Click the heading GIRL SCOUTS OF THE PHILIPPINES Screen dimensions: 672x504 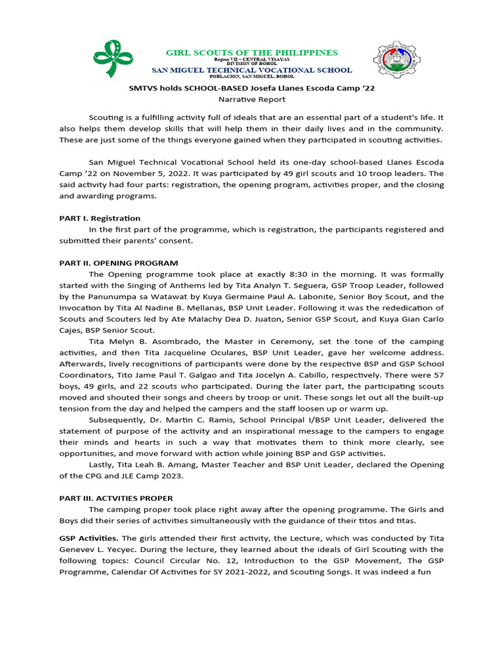tap(251, 52)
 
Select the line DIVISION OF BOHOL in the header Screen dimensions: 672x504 tap(252, 64)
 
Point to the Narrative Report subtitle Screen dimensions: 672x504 tap(251, 99)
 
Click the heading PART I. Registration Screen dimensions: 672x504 tap(100, 218)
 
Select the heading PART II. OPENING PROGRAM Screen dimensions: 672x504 tap(119, 262)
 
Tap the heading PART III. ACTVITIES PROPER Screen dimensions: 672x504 tap(116, 498)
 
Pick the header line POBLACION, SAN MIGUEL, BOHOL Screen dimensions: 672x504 tap(252, 76)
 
